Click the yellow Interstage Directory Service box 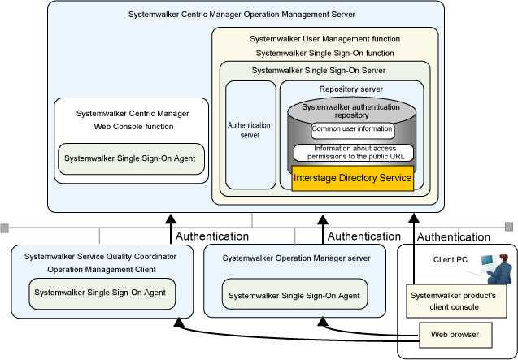352,178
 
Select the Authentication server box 250,135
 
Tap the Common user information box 352,131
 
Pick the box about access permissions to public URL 354,153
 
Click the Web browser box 455,335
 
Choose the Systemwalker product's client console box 456,301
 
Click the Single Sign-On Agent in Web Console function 131,158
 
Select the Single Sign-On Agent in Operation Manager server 294,294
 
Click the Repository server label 350,89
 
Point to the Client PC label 451,260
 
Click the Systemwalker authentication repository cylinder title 350,111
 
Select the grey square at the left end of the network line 5,228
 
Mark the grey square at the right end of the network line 509,227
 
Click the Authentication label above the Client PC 454,237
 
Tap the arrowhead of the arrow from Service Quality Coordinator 171,219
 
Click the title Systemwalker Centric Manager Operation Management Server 242,15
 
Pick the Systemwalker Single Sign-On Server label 319,71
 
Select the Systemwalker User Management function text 324,39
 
